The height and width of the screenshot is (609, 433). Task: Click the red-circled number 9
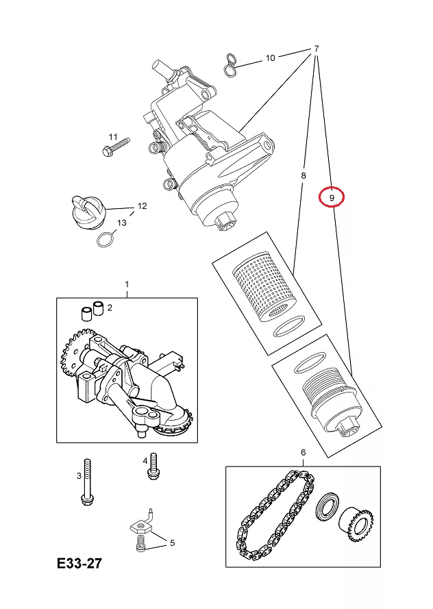click(x=332, y=197)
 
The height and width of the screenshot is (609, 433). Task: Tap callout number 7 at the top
click(x=317, y=49)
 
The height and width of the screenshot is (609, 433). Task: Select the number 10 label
click(x=270, y=58)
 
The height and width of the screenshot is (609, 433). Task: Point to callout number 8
click(x=304, y=176)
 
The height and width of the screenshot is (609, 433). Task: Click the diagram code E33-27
click(x=79, y=564)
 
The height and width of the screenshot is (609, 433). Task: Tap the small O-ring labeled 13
click(x=105, y=240)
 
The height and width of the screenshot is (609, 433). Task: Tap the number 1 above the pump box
click(x=126, y=284)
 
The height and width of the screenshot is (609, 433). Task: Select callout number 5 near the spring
click(x=172, y=543)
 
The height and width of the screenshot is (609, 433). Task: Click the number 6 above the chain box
click(x=303, y=453)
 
